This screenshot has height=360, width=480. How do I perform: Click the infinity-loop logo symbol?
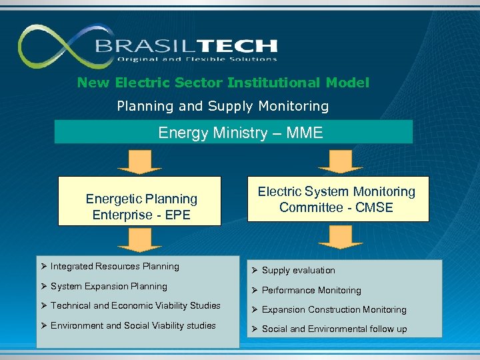pos(57,47)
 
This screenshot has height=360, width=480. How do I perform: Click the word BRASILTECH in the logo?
pos(186,46)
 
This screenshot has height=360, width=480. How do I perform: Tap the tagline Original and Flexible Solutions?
pos(197,59)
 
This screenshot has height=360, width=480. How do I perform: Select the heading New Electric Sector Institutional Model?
pos(223,83)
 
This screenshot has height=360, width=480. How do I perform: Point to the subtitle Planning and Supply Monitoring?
pos(223,106)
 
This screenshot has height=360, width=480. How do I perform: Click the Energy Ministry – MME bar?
pos(233,133)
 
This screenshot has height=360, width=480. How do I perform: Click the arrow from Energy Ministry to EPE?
pos(136,161)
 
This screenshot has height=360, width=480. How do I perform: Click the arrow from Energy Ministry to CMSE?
pos(341,161)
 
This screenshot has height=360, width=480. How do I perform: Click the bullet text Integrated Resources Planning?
pos(115,267)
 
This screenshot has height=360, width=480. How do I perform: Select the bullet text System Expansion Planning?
pos(109,287)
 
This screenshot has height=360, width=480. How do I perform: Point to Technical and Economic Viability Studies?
pos(135,306)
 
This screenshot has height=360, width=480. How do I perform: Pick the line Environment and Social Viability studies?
pos(133,326)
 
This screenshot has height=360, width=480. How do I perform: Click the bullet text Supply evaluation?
pos(298,271)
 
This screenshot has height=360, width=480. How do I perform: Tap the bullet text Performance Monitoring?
pos(311,291)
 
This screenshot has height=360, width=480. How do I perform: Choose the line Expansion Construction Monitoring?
pos(334,310)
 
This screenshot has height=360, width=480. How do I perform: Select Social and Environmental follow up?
pos(334,329)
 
